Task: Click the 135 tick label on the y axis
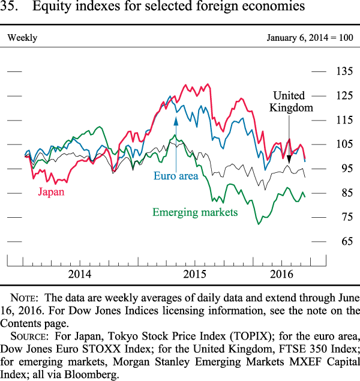pos(344,72)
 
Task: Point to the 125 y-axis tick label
pos(344,96)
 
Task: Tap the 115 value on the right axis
pos(344,120)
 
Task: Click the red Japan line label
pos(51,192)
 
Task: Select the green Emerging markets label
pos(195,212)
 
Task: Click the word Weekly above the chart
pos(22,38)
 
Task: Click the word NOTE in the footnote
pos(25,298)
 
